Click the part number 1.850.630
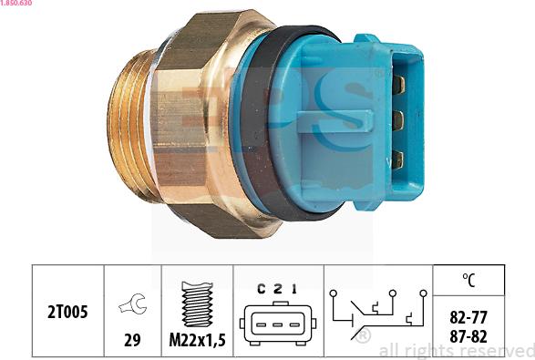pyautogui.click(x=18, y=4)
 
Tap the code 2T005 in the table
pyautogui.click(x=68, y=312)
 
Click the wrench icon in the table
pyautogui.click(x=132, y=305)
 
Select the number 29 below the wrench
pyautogui.click(x=132, y=340)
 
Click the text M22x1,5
pyautogui.click(x=197, y=340)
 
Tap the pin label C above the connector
pyautogui.click(x=261, y=289)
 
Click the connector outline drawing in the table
pyautogui.click(x=276, y=323)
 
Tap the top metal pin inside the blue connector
pyautogui.click(x=398, y=86)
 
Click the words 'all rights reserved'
pyautogui.click(x=456, y=350)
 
